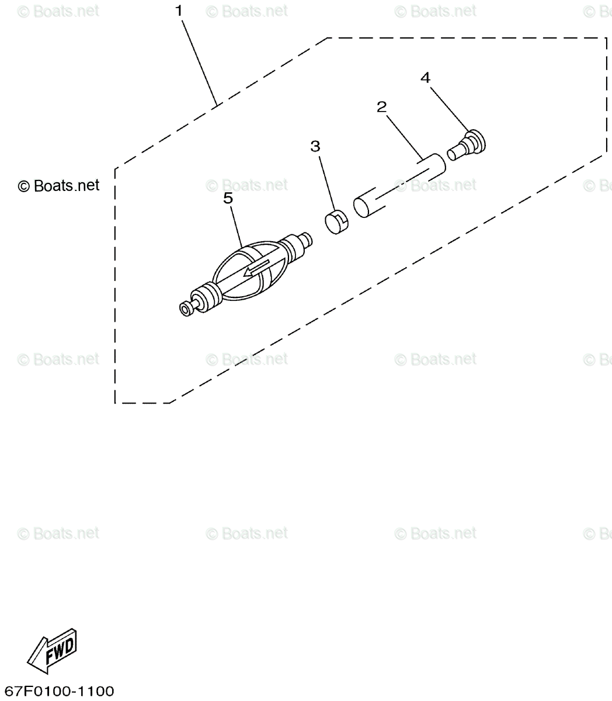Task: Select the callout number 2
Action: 381,107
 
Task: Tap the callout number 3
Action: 315,146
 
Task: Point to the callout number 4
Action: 425,78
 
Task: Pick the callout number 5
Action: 228,198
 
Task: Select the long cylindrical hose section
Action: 399,185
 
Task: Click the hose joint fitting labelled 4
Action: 468,145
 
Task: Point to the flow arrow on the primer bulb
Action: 257,269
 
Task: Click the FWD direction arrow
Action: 53,650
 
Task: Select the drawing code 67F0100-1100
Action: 58,691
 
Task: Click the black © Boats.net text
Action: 58,186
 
